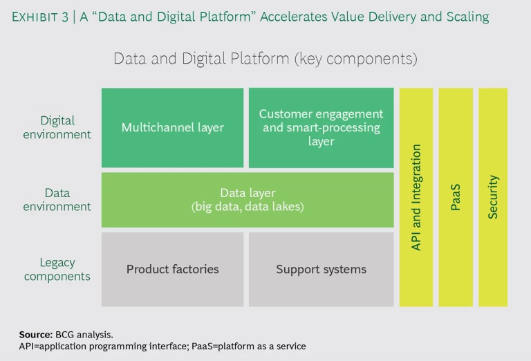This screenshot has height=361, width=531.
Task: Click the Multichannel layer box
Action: pos(172,127)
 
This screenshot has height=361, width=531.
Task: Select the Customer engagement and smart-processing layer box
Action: pos(321,127)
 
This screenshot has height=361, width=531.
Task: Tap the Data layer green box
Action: pos(248,199)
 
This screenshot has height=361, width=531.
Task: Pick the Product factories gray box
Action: pos(172,269)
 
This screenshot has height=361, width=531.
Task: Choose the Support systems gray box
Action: pos(321,269)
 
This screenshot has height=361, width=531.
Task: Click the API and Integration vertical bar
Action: pos(416,197)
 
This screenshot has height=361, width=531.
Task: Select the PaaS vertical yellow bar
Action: pos(456,197)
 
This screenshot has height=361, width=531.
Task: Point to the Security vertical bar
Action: pos(493,197)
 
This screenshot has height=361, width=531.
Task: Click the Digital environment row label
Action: pos(57,127)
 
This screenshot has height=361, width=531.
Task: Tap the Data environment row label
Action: pos(57,199)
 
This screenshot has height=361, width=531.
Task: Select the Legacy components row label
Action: pos(57,269)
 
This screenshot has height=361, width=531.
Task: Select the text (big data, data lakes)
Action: pos(248,207)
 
